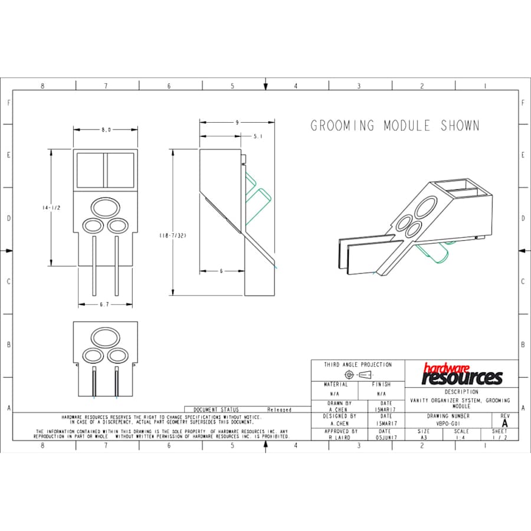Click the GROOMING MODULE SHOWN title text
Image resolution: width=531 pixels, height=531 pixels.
tap(395, 126)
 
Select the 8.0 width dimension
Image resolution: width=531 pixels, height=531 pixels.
tap(106, 130)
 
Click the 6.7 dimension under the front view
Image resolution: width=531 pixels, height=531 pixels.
tap(104, 304)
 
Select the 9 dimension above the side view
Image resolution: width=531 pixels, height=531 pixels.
tap(237, 123)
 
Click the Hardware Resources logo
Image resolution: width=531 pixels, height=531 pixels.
tap(463, 374)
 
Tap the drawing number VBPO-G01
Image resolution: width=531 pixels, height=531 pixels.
tap(448, 423)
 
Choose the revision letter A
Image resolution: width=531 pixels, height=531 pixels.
tap(504, 424)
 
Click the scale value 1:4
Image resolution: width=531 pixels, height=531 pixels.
tap(462, 438)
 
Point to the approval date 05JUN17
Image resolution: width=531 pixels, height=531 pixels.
tap(386, 438)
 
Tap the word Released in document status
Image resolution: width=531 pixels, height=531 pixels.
tap(280, 409)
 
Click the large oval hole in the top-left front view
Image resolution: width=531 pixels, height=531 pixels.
tap(105, 207)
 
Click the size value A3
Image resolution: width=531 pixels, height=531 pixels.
tap(424, 438)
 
